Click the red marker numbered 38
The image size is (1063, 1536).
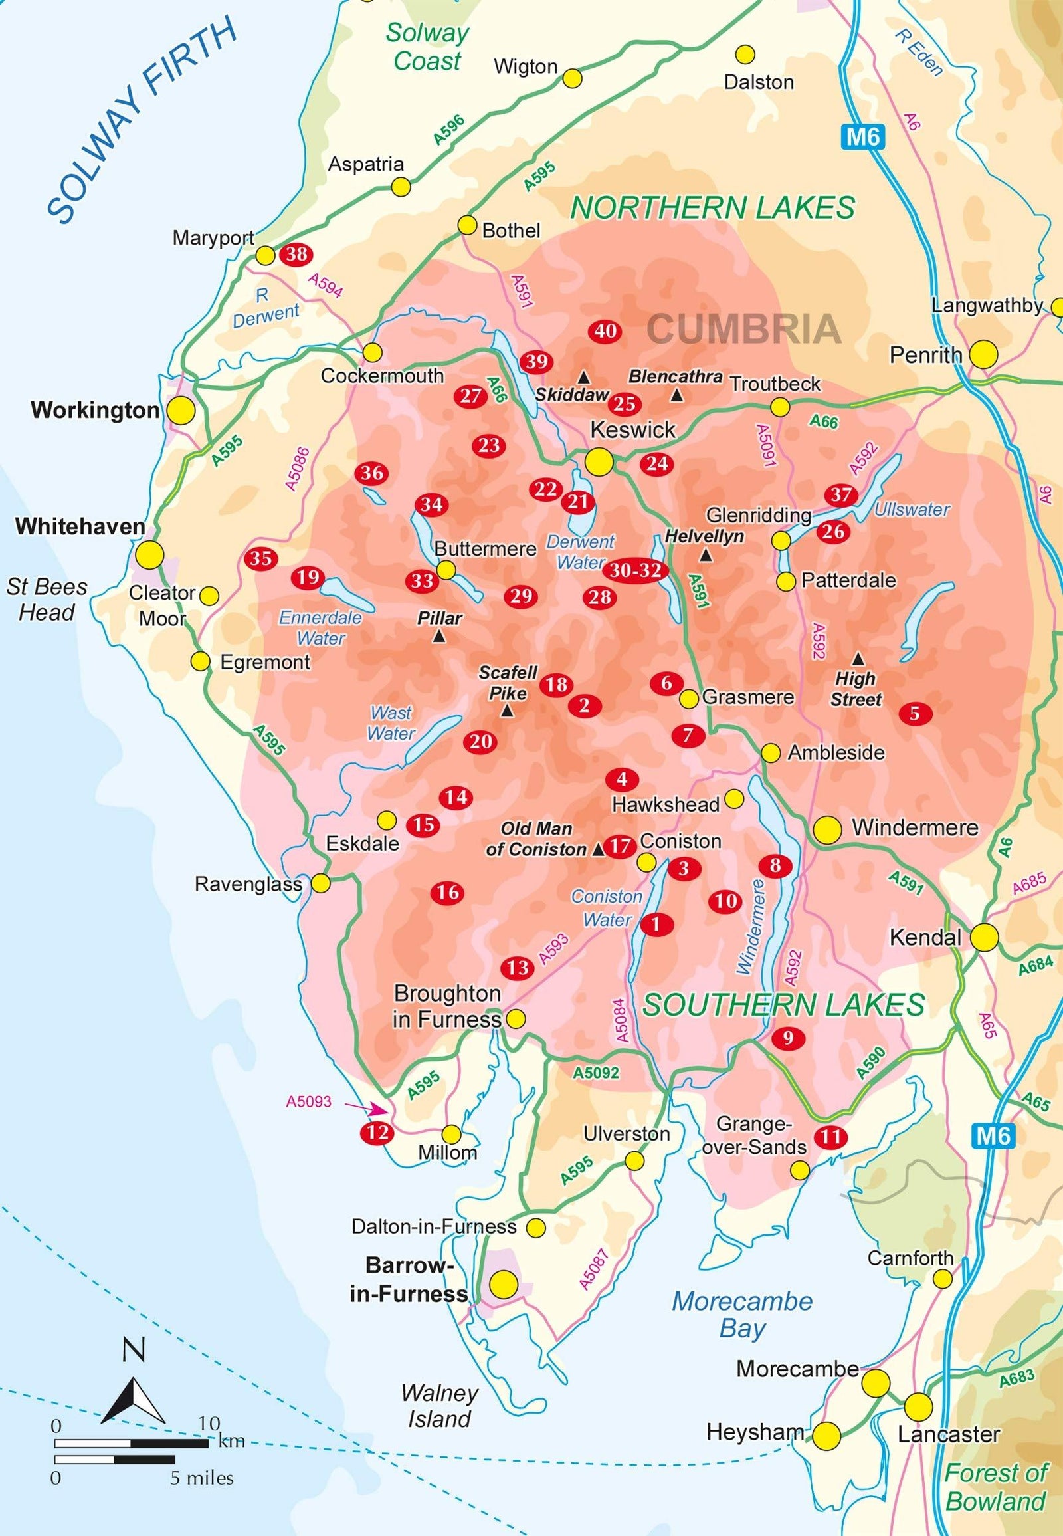coord(297,254)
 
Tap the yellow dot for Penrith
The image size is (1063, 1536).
coord(983,354)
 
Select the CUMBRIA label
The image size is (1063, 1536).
coord(743,328)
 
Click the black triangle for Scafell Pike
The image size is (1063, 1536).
coord(507,712)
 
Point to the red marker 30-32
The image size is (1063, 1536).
coord(635,570)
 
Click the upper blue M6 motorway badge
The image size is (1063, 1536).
coord(864,138)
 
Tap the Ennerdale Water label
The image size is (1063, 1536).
coord(320,627)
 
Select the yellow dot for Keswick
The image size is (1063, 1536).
coord(598,461)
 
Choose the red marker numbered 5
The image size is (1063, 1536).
coord(914,713)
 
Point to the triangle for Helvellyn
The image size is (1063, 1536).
coord(706,555)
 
